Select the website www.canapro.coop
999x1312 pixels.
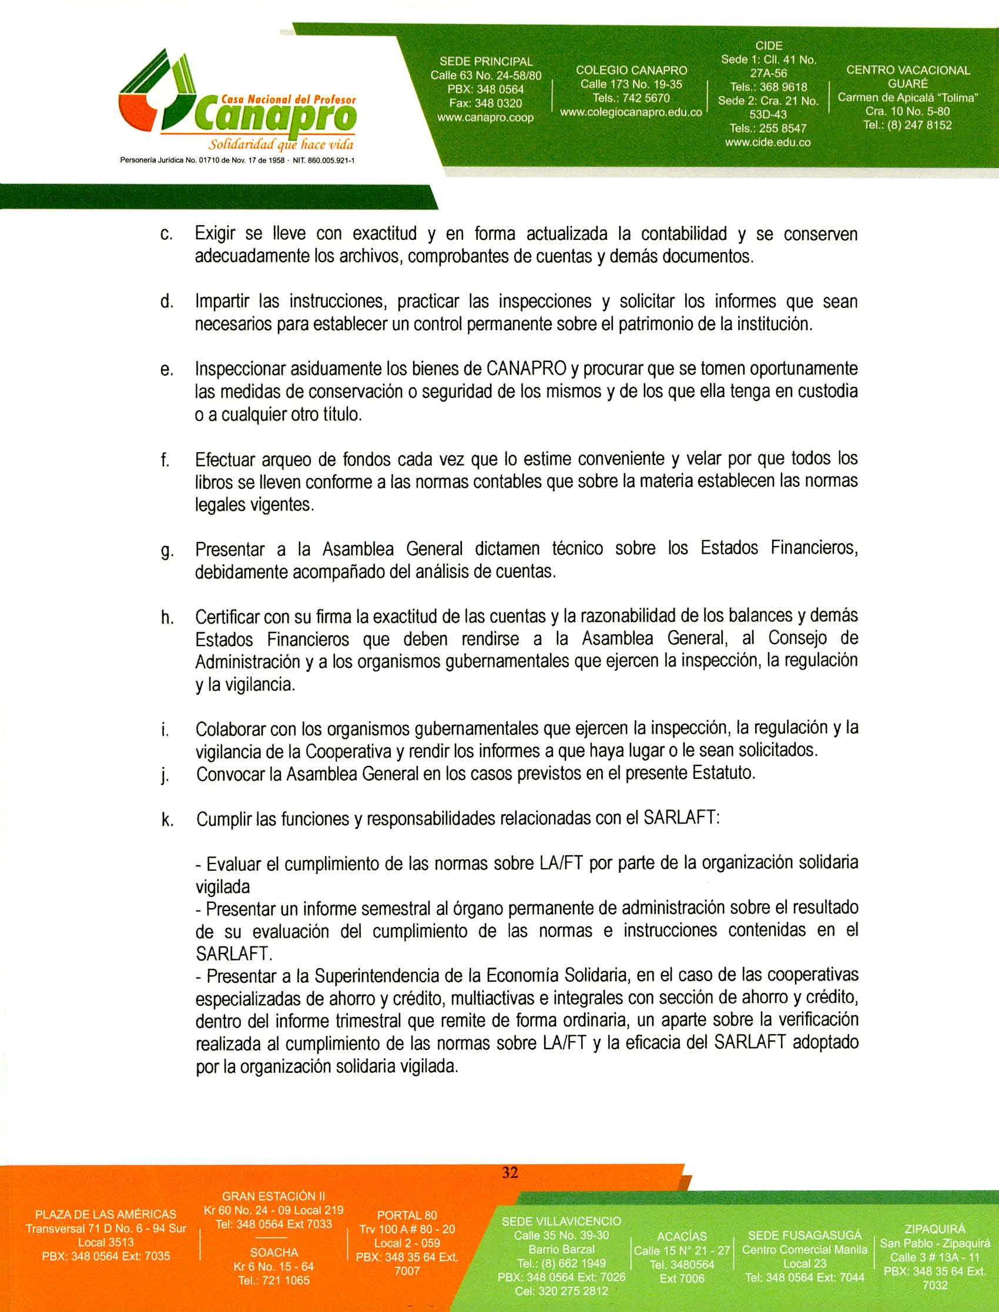click(485, 118)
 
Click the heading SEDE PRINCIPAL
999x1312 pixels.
click(486, 61)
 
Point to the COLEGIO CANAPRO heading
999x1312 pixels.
click(631, 70)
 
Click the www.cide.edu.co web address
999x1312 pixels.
click(767, 142)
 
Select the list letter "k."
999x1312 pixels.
click(167, 820)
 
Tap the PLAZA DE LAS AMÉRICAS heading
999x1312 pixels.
click(106, 1214)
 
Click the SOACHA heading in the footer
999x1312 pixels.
click(274, 1252)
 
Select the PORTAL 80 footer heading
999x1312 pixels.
click(407, 1215)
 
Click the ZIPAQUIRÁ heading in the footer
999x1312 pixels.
click(934, 1229)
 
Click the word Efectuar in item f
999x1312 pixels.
click(223, 460)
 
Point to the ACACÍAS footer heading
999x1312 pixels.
click(682, 1237)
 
